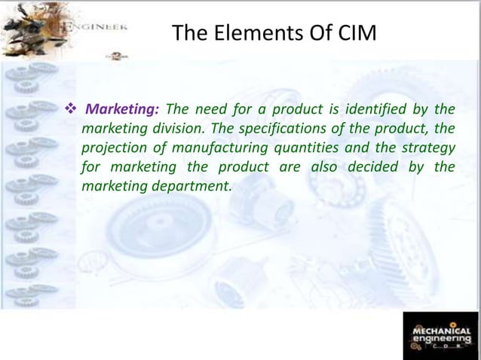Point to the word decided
373,165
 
